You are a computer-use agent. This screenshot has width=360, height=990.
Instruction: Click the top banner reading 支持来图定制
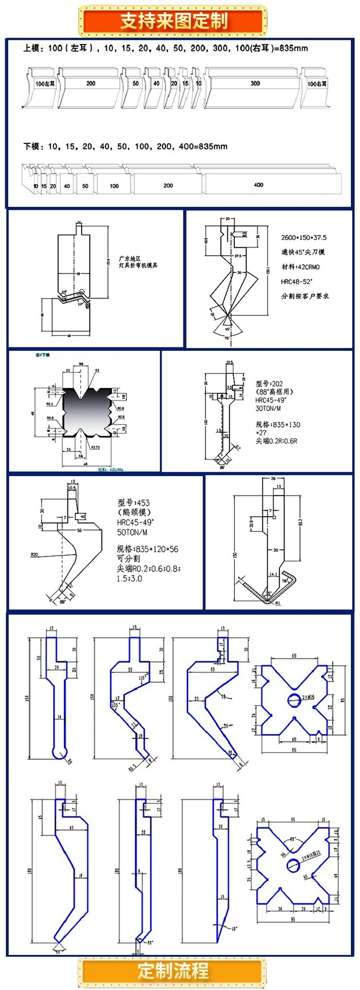click(173, 21)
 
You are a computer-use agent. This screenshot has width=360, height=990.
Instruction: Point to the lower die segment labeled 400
click(259, 185)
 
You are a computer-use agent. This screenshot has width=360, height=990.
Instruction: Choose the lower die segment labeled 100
click(114, 186)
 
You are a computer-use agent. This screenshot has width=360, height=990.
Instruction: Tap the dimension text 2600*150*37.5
click(304, 238)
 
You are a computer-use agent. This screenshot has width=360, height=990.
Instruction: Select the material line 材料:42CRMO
click(300, 267)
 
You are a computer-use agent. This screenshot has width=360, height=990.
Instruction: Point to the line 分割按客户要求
click(305, 296)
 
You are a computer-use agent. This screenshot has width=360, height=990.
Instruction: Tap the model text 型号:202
click(269, 383)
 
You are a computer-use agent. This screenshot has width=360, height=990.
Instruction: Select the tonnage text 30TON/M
click(268, 408)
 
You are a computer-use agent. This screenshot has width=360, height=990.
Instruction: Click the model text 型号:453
click(133, 502)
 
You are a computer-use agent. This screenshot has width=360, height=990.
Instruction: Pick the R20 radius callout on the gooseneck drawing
click(34, 555)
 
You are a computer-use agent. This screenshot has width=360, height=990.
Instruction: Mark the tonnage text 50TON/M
click(132, 532)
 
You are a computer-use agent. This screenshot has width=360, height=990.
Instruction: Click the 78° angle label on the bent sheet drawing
click(284, 581)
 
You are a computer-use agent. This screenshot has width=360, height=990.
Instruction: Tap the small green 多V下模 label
click(43, 355)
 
